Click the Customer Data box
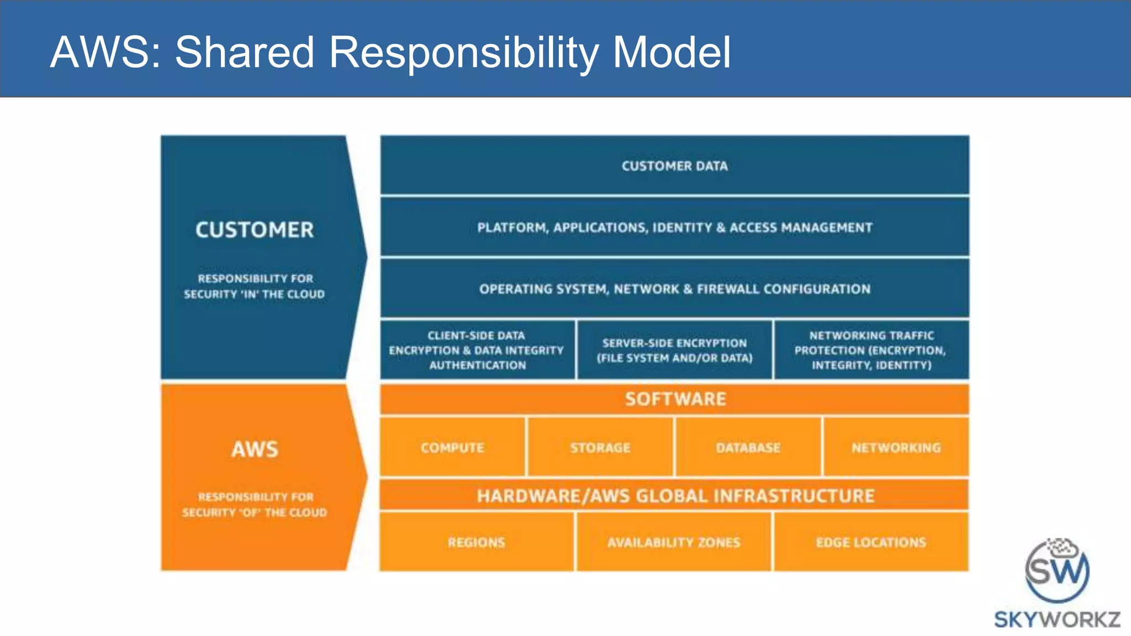[674, 166]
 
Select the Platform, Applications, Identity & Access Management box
[674, 227]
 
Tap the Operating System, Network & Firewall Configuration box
[674, 289]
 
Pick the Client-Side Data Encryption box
[477, 350]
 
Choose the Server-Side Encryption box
[674, 350]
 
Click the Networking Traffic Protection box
[871, 350]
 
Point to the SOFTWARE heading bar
[675, 399]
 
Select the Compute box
[452, 447]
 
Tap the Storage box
[600, 447]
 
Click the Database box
[748, 447]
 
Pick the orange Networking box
[896, 447]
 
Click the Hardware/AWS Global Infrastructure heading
[675, 495]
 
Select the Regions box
[477, 542]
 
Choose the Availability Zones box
[674, 542]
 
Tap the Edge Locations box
[871, 542]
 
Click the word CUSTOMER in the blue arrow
[255, 230]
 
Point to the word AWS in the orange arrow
[255, 449]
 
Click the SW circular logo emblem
[1057, 571]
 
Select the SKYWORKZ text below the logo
[1057, 619]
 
